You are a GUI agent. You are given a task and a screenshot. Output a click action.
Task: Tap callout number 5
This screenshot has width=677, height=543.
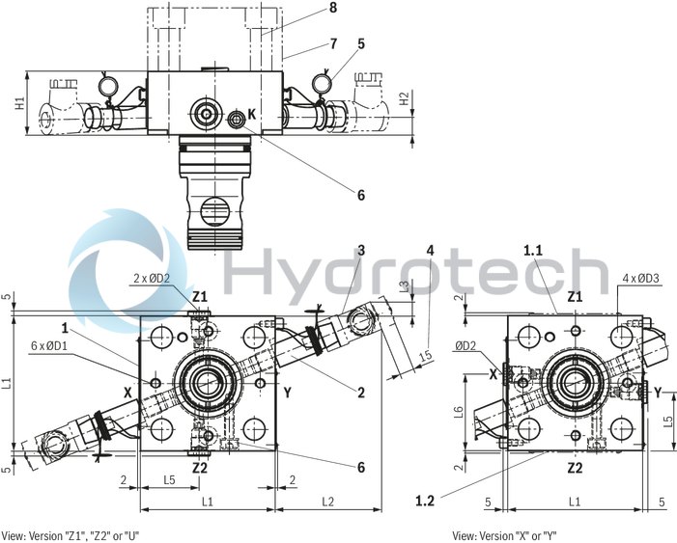tap(362, 42)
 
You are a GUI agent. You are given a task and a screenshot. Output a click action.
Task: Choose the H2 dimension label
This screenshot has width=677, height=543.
tap(406, 97)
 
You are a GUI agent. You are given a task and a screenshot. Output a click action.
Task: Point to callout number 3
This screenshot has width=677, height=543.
tap(361, 251)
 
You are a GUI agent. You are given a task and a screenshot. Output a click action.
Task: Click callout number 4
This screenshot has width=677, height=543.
tap(430, 251)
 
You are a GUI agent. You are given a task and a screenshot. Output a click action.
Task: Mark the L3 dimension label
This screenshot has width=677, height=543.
tap(406, 286)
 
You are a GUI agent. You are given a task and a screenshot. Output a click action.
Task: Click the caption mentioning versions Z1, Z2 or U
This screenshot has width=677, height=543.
tap(71, 534)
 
